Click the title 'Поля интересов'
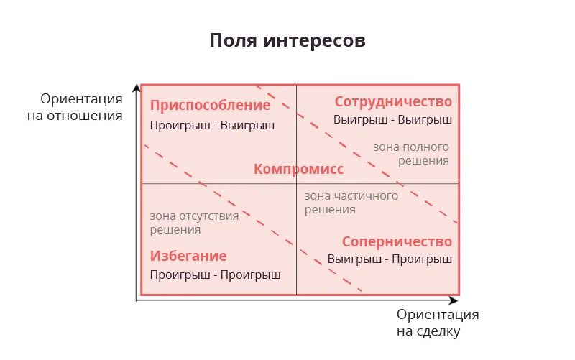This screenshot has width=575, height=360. tap(287, 40)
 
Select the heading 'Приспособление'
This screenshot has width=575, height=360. tap(210, 106)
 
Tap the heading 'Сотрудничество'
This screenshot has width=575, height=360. tap(393, 101)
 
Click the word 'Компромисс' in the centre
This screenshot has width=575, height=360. tap(298, 170)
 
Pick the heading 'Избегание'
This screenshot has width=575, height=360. tap(188, 256)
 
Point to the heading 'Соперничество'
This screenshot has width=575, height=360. tap(397, 241)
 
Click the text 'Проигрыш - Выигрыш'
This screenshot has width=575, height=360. tap(212, 125)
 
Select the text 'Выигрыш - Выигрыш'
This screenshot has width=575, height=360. tap(392, 119)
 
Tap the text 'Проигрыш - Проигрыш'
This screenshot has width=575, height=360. tap(215, 274)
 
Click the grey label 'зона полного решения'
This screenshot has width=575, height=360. tap(411, 154)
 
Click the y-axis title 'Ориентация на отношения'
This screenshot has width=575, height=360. tap(81, 106)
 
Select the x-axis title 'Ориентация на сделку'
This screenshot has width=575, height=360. tap(437, 323)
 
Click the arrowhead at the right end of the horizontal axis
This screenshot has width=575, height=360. tap(454, 300)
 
